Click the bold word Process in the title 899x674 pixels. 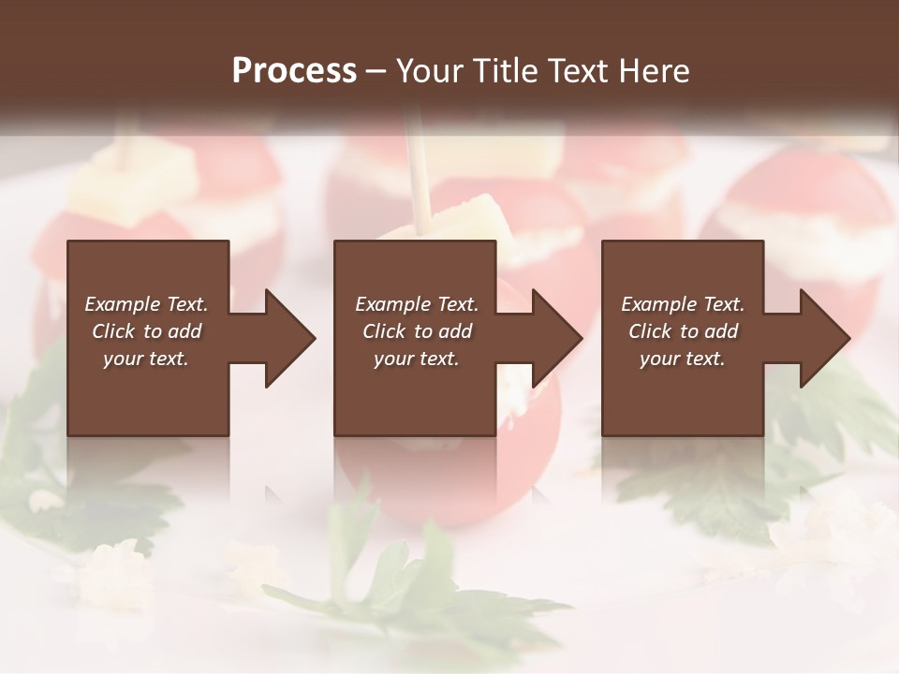click(294, 70)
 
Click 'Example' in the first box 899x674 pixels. click(122, 304)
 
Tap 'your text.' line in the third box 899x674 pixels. click(682, 359)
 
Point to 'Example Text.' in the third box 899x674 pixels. click(682, 304)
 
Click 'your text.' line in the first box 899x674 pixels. click(147, 359)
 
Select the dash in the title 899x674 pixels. click(376, 71)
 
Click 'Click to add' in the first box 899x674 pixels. click(147, 331)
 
